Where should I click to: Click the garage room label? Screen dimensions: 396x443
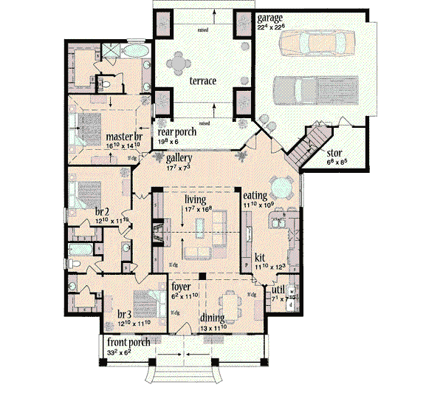point(269,17)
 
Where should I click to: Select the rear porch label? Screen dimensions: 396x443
point(176,132)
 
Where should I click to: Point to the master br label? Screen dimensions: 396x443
point(119,137)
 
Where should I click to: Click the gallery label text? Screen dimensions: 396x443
point(179,158)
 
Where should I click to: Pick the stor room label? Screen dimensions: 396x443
point(334,154)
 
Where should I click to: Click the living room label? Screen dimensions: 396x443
point(195,199)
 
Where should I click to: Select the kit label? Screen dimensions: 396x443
point(260,257)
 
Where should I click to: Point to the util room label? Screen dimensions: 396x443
point(279,293)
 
